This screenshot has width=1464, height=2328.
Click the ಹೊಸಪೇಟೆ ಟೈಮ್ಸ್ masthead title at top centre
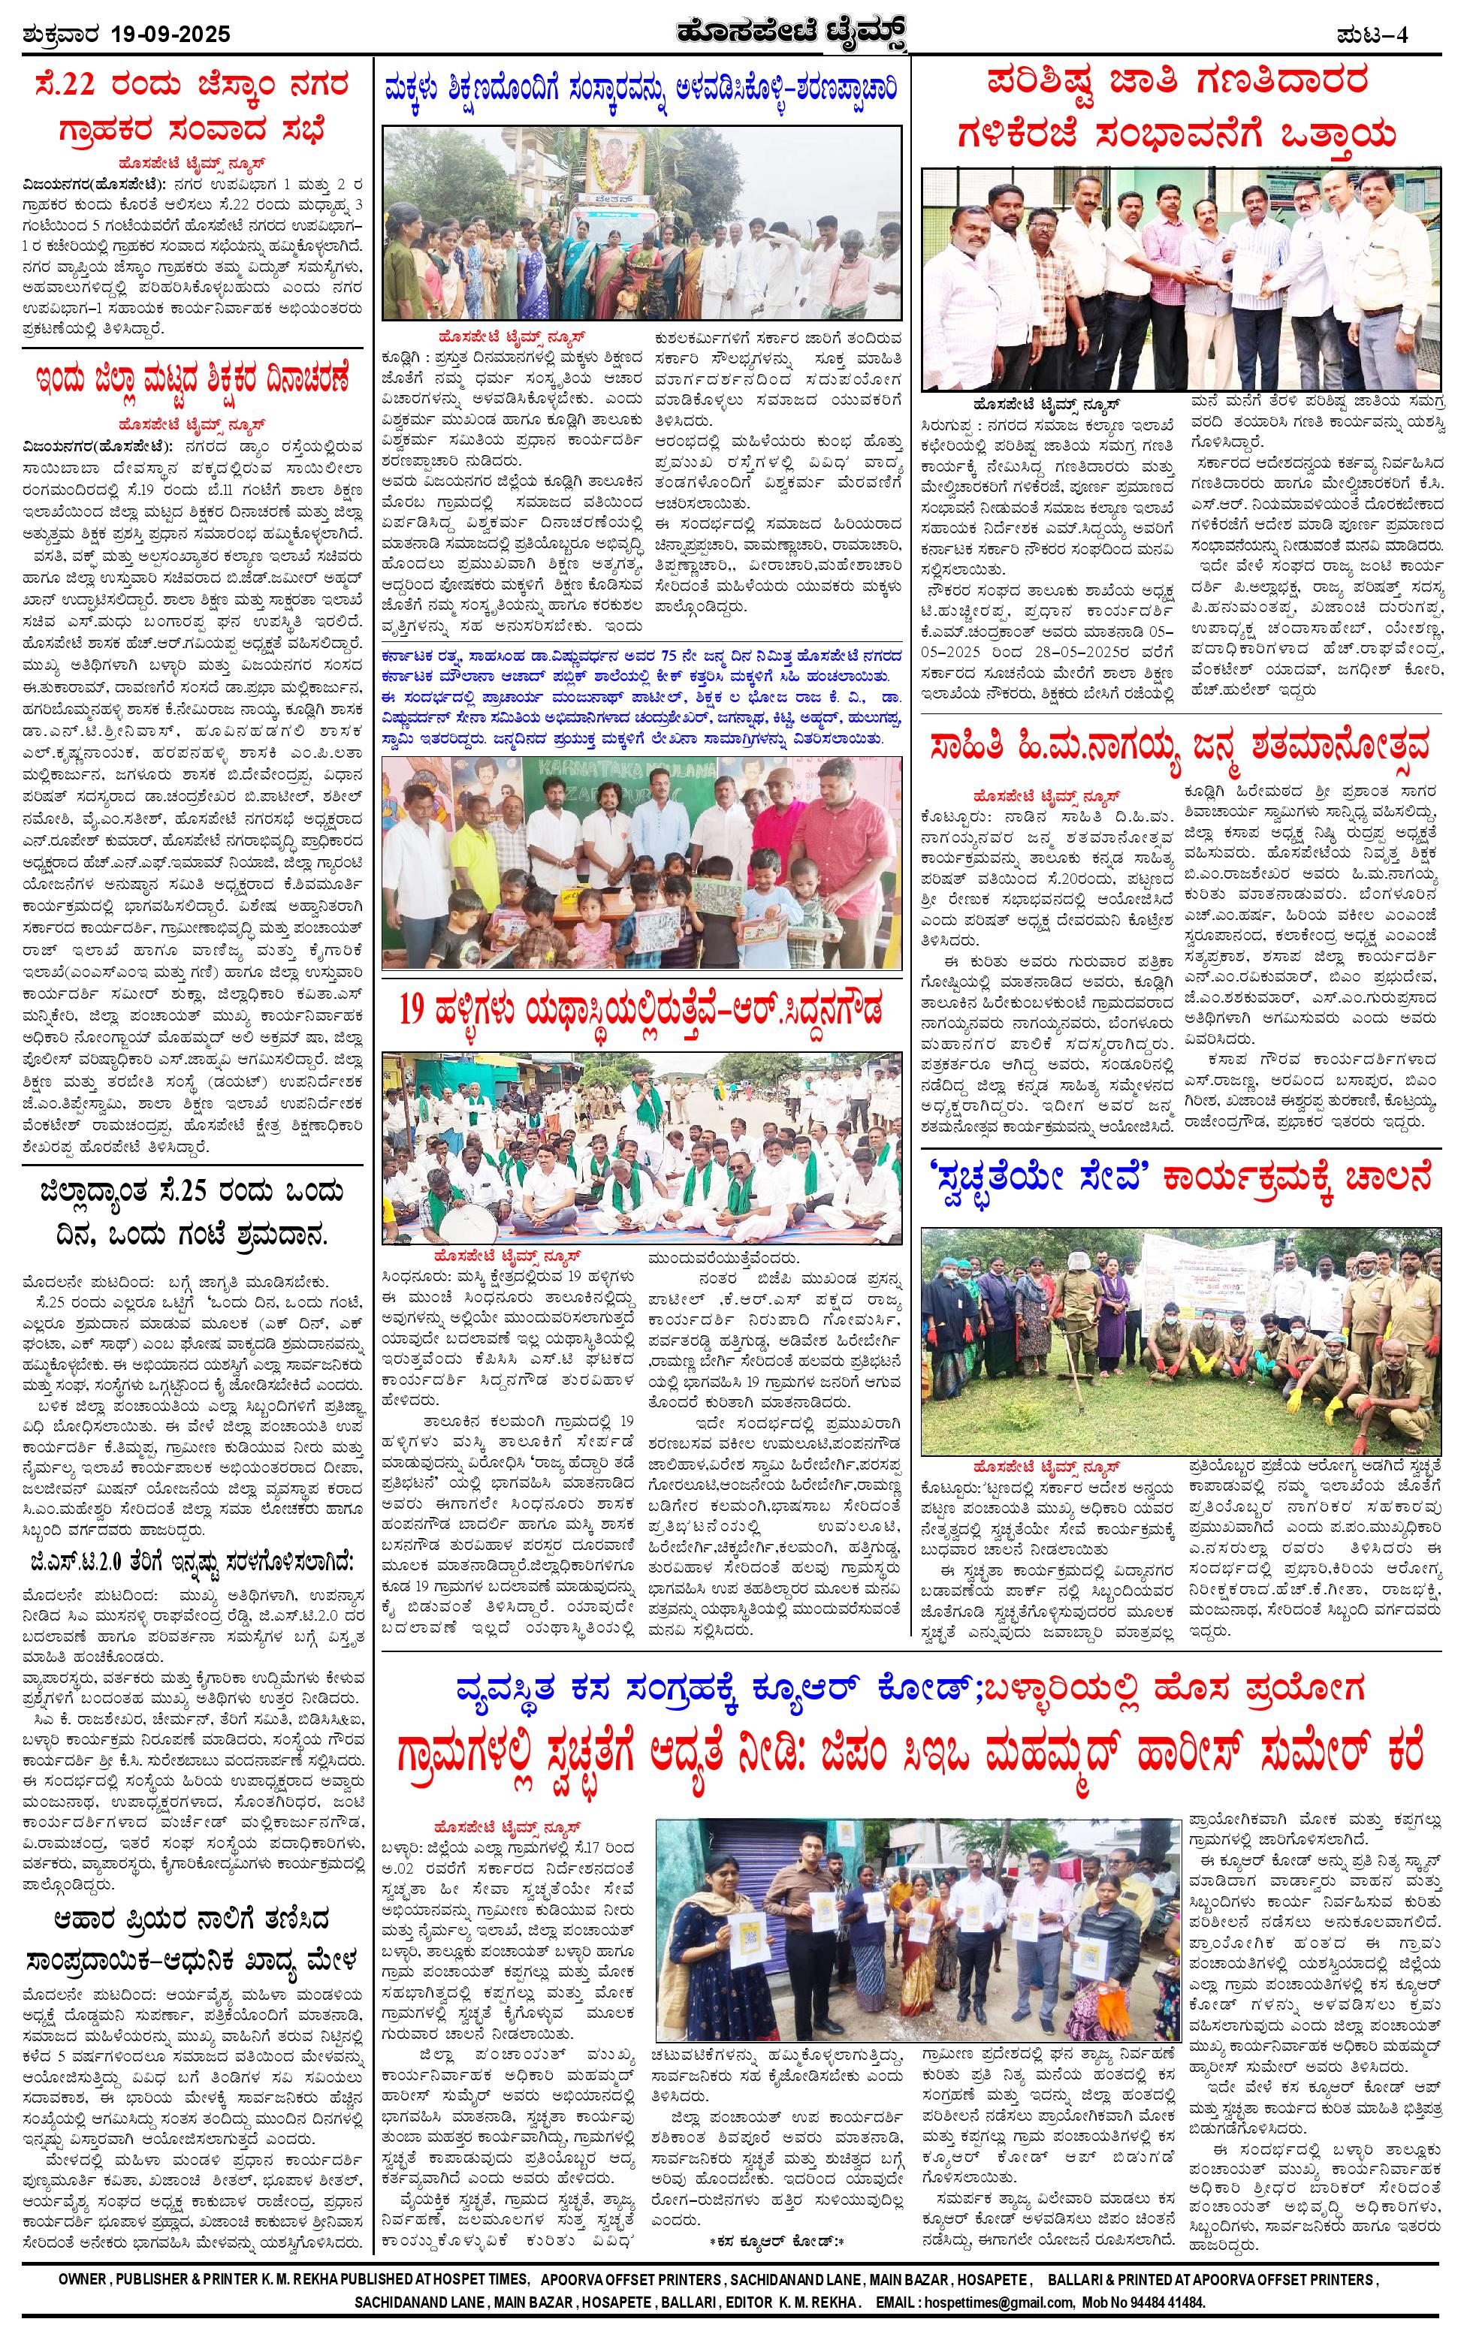[732, 34]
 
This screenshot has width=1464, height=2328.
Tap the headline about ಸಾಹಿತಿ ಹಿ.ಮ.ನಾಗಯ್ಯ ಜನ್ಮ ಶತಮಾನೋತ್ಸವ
[1181, 746]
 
